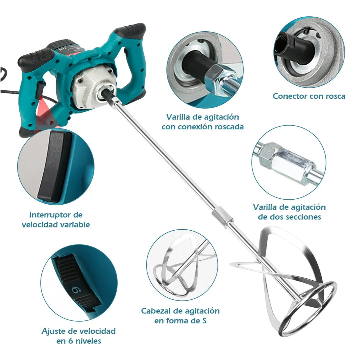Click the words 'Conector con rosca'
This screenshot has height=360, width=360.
(x=309, y=96)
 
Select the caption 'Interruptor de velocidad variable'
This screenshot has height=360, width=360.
(x=56, y=220)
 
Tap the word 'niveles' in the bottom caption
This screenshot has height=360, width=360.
(x=88, y=341)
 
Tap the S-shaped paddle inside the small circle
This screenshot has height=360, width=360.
(x=180, y=266)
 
